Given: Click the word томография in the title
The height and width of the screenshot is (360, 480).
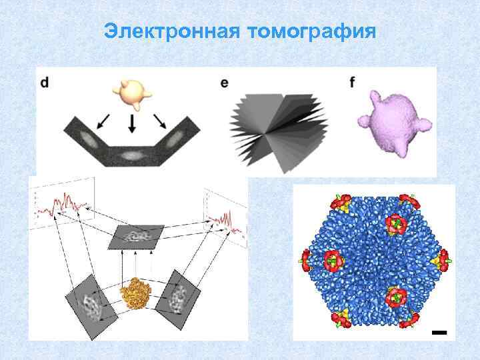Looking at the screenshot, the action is (312, 32).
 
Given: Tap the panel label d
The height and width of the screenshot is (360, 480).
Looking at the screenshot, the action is (44, 83).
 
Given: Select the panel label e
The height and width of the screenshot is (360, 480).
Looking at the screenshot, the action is (224, 83).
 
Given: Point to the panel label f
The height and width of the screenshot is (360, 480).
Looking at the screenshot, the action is (352, 83).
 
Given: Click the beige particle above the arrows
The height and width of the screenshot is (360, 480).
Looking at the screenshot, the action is (131, 93).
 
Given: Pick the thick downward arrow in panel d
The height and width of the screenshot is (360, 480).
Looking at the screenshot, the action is (132, 124).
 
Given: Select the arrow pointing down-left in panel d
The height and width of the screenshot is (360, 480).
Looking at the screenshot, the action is (103, 121).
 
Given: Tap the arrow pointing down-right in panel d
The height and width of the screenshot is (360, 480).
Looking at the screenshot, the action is (160, 121).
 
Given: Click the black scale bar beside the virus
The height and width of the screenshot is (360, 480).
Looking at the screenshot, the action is (438, 331).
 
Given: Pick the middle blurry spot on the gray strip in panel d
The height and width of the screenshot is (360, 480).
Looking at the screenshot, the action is (132, 155).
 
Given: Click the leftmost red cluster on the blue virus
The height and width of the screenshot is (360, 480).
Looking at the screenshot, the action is (307, 259).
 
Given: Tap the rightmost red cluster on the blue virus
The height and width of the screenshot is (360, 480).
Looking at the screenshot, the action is (441, 259).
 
